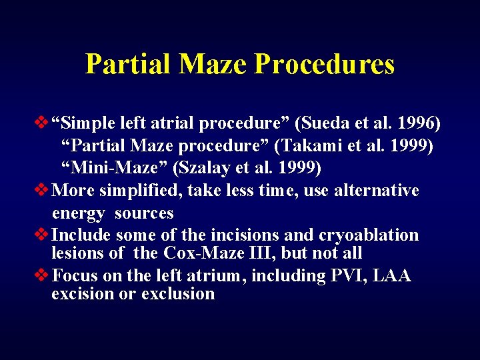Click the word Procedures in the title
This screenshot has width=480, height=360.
[325, 64]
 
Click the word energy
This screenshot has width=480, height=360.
[79, 213]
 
